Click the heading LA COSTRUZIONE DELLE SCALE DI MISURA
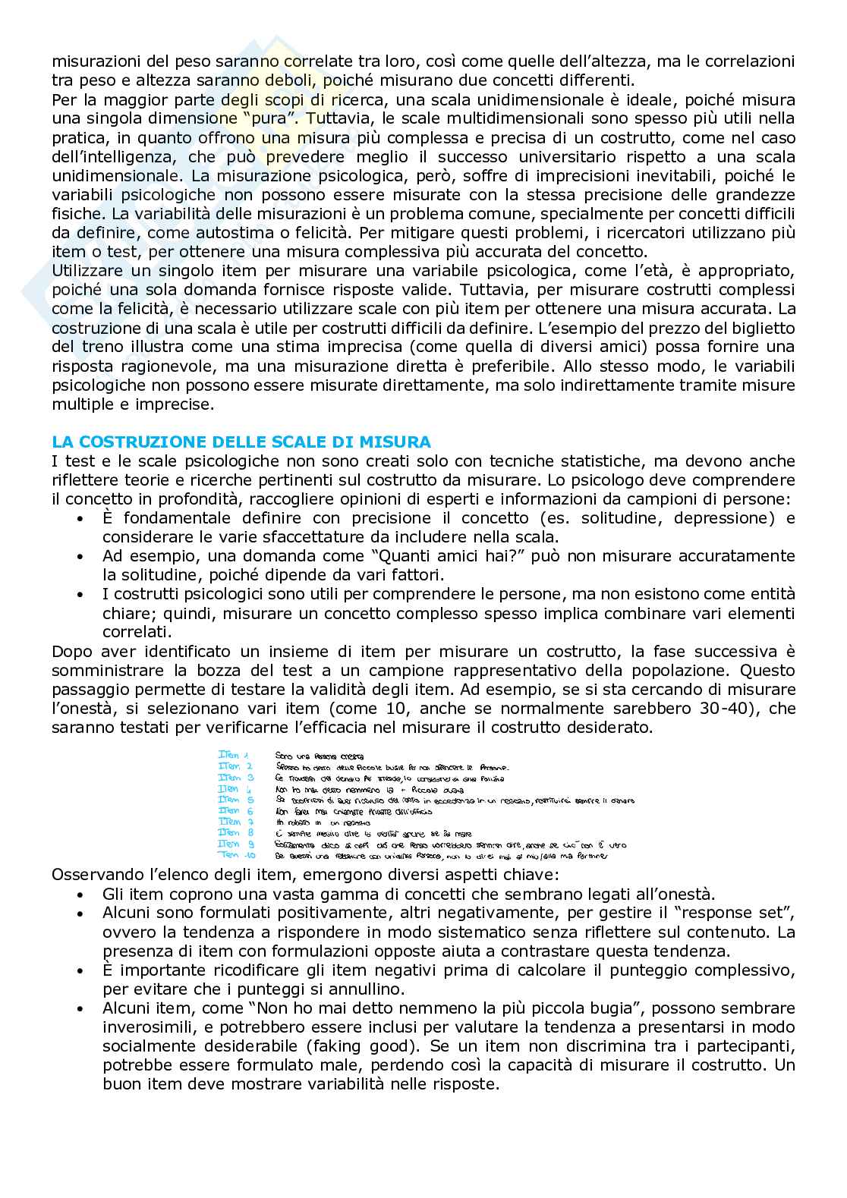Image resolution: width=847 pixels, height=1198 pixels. (x=241, y=442)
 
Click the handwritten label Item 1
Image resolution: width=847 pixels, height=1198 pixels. (x=228, y=756)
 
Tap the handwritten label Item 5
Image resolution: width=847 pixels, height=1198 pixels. (x=229, y=800)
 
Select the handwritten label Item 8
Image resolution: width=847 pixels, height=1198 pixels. (x=229, y=833)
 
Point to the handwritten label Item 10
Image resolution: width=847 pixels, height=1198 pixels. (x=229, y=855)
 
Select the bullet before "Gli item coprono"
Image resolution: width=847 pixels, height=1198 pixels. (x=81, y=894)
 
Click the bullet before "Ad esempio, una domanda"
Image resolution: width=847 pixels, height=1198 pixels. (x=81, y=556)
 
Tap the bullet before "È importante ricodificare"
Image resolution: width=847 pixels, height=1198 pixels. (x=81, y=970)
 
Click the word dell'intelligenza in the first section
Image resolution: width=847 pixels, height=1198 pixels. (x=110, y=157)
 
